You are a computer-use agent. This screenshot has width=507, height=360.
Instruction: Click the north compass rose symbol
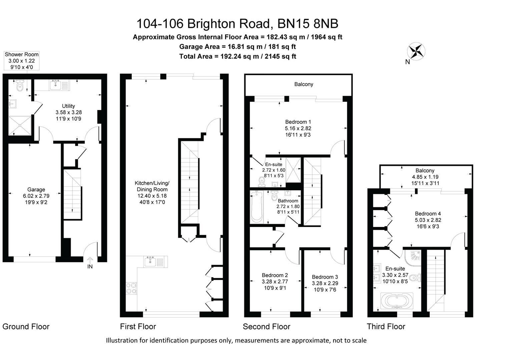[x=416, y=52]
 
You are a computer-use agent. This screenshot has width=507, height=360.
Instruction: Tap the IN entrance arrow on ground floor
[x=90, y=263]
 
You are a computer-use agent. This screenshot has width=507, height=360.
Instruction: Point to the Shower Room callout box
[x=22, y=61]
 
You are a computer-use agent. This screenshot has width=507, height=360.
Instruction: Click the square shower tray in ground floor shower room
[x=20, y=125]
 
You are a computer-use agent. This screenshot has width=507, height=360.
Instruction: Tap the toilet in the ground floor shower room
[x=20, y=86]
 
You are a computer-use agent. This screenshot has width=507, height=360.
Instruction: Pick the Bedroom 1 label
[x=298, y=128]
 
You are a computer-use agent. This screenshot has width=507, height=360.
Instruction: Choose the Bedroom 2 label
[x=275, y=281]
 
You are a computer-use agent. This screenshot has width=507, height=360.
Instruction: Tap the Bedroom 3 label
[x=325, y=283]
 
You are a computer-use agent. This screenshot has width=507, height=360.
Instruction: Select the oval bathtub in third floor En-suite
[x=397, y=301]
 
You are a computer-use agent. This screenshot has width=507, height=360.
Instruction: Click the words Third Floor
[x=386, y=327]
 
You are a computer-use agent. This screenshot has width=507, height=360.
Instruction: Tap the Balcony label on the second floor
[x=304, y=84]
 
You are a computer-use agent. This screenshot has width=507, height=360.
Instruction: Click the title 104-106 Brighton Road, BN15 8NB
[x=237, y=24]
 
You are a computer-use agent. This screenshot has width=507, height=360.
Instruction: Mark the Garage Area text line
[x=237, y=47]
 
